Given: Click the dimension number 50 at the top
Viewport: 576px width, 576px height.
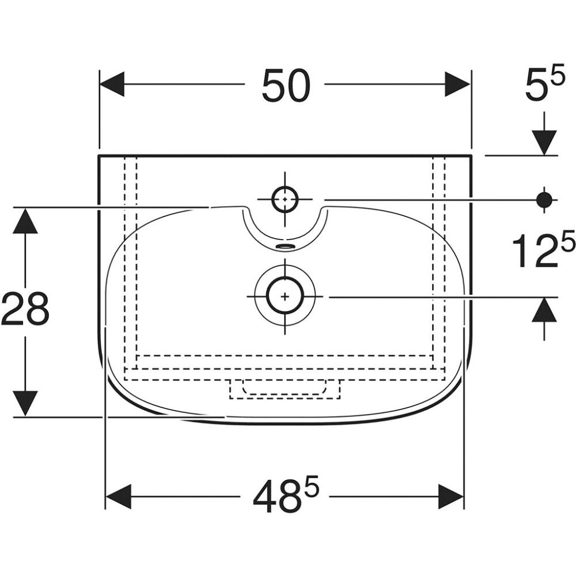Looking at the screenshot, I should pyautogui.click(x=286, y=85).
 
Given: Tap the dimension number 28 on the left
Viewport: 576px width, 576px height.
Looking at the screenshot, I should pyautogui.click(x=25, y=310).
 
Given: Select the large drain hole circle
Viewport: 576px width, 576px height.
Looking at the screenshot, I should pyautogui.click(x=285, y=296).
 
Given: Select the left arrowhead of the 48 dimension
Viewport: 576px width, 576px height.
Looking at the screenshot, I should pyautogui.click(x=118, y=496).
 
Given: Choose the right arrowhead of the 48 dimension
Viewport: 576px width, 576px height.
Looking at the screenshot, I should pyautogui.click(x=451, y=496).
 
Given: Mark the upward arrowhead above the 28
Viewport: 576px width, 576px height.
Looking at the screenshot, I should pyautogui.click(x=25, y=221).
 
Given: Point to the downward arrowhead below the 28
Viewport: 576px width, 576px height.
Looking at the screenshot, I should pyautogui.click(x=25, y=403).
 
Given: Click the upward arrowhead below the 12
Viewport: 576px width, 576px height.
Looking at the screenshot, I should pyautogui.click(x=544, y=312).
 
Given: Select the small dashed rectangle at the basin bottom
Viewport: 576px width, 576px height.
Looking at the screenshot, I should pyautogui.click(x=285, y=389).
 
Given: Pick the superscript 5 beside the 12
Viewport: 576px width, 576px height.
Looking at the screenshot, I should pyautogui.click(x=567, y=242).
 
